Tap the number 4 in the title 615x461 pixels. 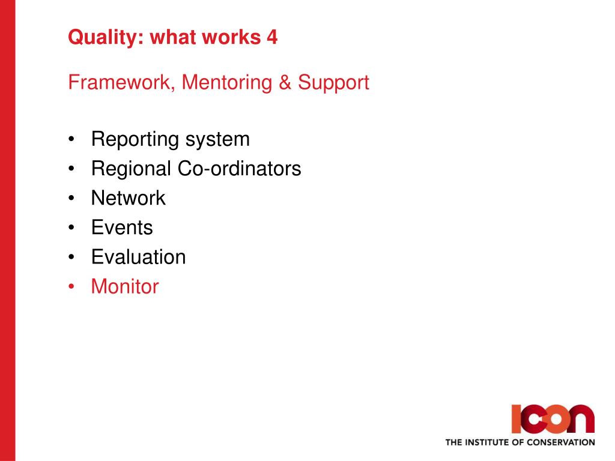[272, 37]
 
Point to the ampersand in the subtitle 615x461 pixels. [285, 82]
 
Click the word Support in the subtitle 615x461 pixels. [333, 83]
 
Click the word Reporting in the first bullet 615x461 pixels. [135, 140]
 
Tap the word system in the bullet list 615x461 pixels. [217, 140]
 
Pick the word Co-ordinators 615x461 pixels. [239, 169]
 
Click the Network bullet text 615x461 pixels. [129, 198]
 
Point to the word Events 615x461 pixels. [122, 227]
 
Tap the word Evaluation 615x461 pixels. [139, 257]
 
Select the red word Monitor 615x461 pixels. [125, 286]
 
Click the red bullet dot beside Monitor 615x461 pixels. [71, 287]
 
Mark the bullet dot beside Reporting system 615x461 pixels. [71, 139]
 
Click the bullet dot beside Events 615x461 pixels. [71, 228]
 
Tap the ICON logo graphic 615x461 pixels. [553, 419]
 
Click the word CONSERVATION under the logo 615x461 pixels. [560, 442]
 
